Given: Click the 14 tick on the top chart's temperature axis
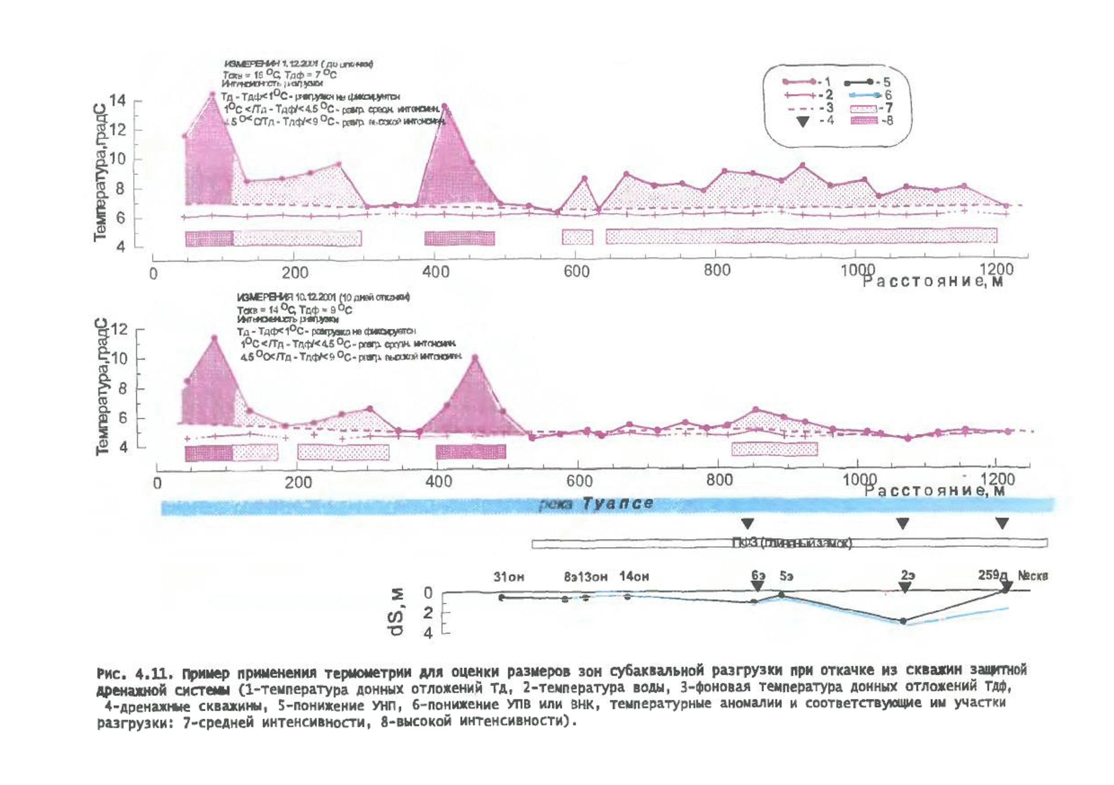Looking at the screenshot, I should pyautogui.click(x=119, y=101).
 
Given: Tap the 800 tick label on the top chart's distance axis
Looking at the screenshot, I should pyautogui.click(x=717, y=271).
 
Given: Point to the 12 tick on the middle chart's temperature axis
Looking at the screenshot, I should pyautogui.click(x=119, y=330).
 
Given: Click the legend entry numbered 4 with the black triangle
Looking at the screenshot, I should pyautogui.click(x=803, y=121).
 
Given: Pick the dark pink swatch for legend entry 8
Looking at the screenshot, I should pyautogui.click(x=864, y=120).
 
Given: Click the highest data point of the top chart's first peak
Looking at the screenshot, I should pyautogui.click(x=212, y=94).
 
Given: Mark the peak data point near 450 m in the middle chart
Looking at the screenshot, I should pyautogui.click(x=475, y=357).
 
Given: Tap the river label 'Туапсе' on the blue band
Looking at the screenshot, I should pyautogui.click(x=617, y=503).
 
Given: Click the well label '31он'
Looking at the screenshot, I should pyautogui.click(x=509, y=577).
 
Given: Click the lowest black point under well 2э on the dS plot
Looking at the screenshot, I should pyautogui.click(x=903, y=621).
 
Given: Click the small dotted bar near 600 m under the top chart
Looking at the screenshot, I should pyautogui.click(x=577, y=237).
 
